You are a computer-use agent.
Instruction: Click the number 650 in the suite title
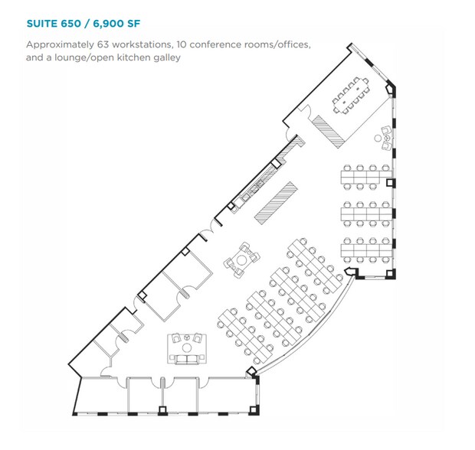coord(70,24)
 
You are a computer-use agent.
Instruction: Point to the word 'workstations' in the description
coord(142,45)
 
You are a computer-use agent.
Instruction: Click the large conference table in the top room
coord(351,96)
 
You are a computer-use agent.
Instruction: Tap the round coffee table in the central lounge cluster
coord(241,259)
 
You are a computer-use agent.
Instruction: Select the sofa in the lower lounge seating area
coord(187,360)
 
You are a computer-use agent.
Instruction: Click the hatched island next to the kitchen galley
coord(276,203)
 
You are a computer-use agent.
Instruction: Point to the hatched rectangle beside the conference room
coord(328,132)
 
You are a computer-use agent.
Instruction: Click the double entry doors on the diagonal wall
coord(208,230)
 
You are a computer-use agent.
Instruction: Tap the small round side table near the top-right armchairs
coord(378,139)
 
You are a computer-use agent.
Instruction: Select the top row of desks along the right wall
coord(366,178)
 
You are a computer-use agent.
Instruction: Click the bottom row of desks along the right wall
coord(366,250)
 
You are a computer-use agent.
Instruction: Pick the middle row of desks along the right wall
coord(366,214)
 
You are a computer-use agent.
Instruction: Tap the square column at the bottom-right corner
coord(254,410)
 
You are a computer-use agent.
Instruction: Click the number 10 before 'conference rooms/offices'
coord(182,45)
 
